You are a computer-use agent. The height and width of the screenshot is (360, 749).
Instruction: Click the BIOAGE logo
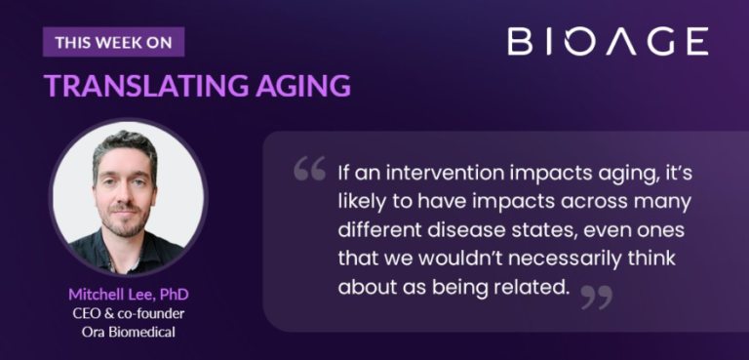click(x=607, y=41)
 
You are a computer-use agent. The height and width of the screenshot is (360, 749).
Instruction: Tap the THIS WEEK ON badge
click(x=113, y=42)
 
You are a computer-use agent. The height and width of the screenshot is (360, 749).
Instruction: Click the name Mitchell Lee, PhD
click(x=128, y=294)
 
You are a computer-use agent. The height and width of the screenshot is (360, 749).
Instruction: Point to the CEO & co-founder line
click(x=128, y=312)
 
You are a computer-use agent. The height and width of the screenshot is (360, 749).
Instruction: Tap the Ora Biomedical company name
click(x=128, y=331)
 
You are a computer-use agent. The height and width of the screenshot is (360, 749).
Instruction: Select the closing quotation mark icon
click(x=595, y=296)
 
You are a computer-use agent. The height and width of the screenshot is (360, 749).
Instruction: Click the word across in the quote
click(x=561, y=203)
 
